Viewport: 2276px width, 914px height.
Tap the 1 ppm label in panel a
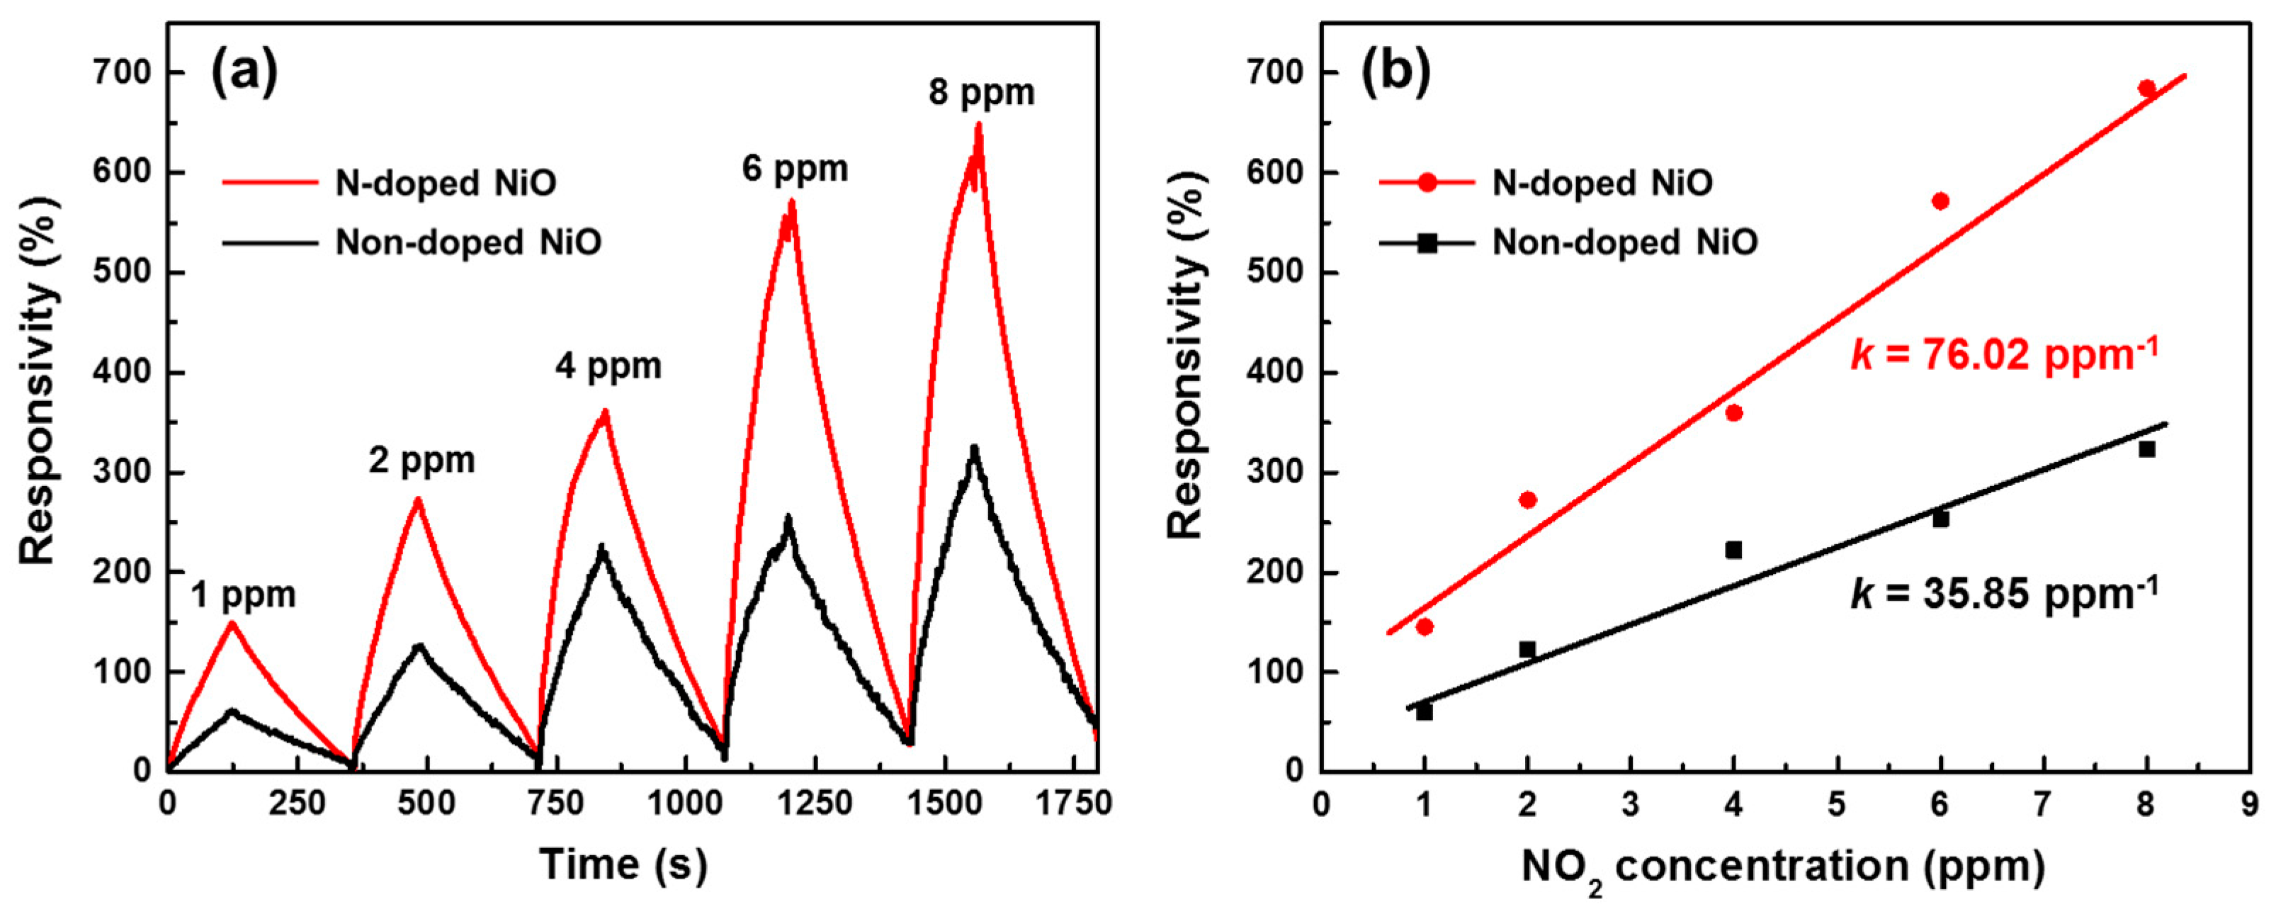(x=243, y=595)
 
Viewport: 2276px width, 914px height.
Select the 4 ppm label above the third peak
(x=608, y=366)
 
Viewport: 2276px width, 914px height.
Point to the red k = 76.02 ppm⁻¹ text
(x=2004, y=354)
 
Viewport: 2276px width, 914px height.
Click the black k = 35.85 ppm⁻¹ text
(x=2004, y=593)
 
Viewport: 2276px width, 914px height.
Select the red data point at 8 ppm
(x=2147, y=89)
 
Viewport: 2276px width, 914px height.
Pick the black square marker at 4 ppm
(x=1733, y=550)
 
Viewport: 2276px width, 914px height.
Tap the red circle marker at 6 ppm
(x=1941, y=201)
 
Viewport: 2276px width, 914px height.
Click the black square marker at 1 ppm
(x=1425, y=711)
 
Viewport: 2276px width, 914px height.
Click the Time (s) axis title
(x=624, y=864)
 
